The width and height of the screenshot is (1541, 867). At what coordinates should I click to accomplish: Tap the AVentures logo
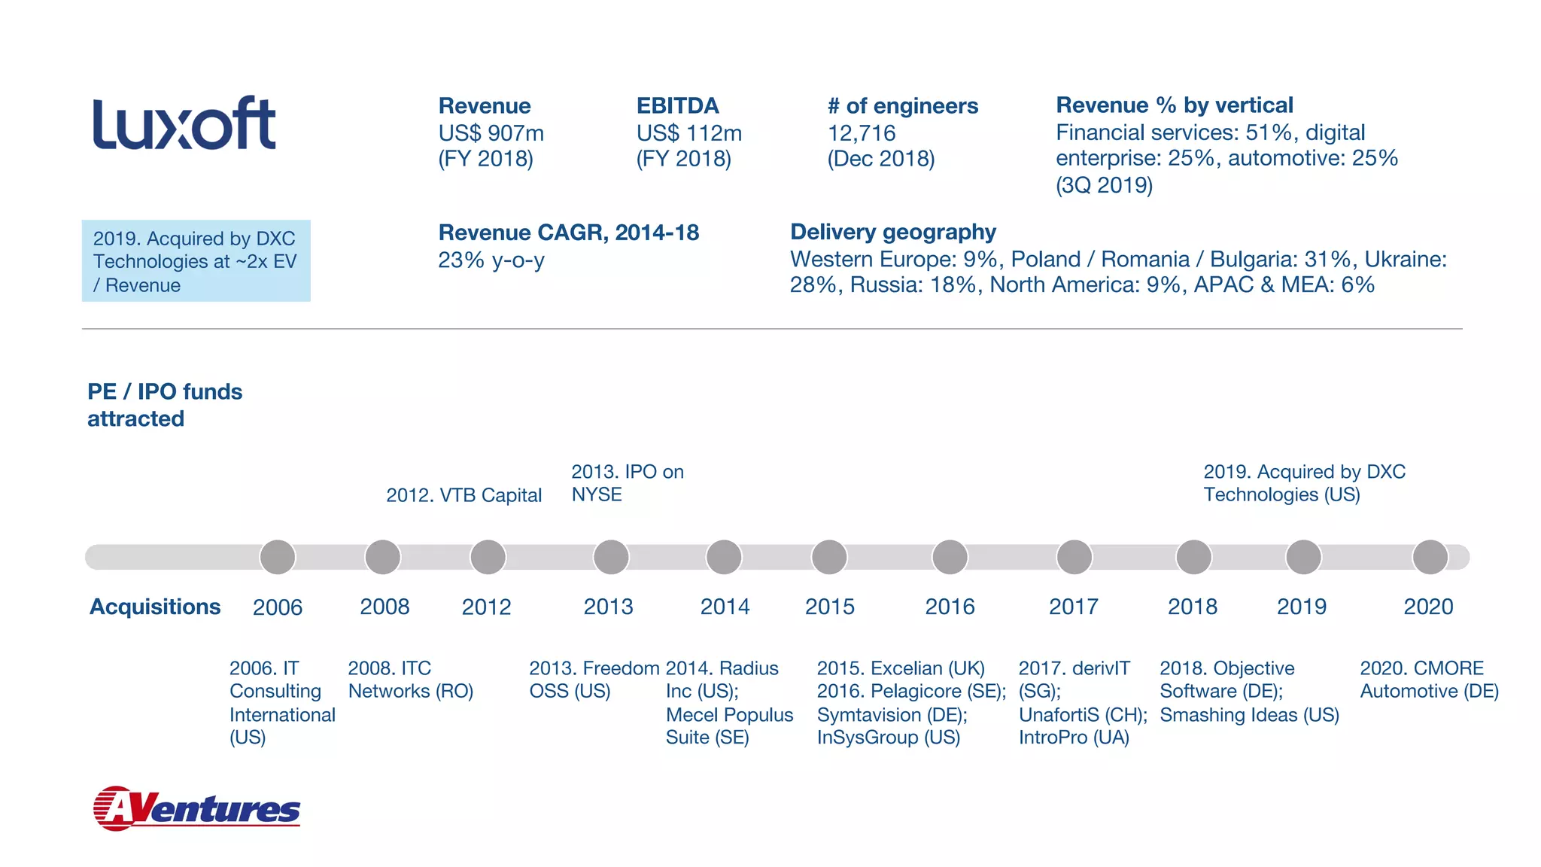tap(196, 808)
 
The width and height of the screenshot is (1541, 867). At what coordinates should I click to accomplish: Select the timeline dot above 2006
tap(278, 558)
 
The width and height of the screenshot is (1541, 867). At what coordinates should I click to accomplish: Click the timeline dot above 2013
tap(611, 558)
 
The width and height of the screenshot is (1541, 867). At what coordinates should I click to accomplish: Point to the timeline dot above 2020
tap(1430, 558)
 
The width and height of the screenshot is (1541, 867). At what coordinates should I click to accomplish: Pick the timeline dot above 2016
tap(950, 558)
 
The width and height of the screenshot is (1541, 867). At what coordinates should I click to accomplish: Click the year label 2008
tap(384, 607)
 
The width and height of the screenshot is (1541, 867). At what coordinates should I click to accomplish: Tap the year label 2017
tap(1074, 607)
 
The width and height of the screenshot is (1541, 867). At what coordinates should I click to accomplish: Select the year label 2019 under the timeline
tap(1302, 607)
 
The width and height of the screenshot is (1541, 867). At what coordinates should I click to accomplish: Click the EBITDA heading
tap(678, 106)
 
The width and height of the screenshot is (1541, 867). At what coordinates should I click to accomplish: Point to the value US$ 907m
tap(491, 133)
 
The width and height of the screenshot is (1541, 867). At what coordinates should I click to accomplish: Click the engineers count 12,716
tap(862, 133)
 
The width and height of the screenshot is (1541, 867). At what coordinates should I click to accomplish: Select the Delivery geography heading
tap(893, 232)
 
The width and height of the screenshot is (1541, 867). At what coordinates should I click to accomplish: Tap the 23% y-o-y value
tap(491, 260)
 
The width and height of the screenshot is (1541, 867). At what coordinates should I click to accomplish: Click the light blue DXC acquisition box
tap(196, 261)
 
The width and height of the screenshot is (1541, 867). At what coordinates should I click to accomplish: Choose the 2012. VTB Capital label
tap(464, 495)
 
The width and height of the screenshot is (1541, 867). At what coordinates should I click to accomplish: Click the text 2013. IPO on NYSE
tap(627, 483)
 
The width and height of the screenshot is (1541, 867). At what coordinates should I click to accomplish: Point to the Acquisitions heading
tap(155, 607)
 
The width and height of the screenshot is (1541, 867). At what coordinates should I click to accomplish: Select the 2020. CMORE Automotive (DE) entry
tap(1429, 680)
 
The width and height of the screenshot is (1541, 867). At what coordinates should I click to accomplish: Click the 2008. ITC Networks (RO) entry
tap(411, 680)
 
